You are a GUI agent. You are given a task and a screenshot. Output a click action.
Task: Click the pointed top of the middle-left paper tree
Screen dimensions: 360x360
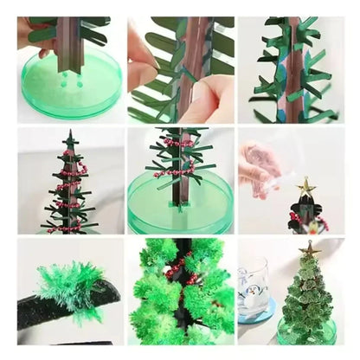70,135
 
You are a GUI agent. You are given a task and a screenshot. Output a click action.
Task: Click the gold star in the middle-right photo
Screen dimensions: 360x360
305,185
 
